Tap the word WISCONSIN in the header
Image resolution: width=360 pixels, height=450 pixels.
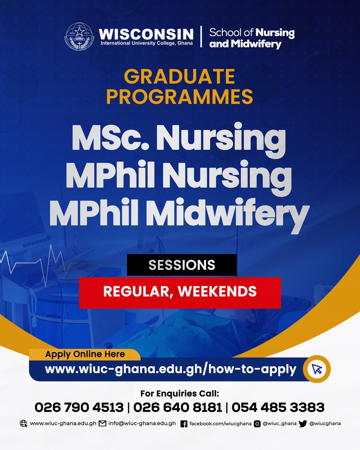coord(146,34)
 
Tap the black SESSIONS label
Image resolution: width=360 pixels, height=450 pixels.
coord(181,265)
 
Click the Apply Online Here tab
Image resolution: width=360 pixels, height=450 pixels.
coord(85,354)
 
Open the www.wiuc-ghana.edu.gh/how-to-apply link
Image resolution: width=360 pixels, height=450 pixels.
coord(171,369)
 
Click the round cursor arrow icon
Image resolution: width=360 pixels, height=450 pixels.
coord(317,369)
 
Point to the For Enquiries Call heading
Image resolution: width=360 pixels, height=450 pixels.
coord(179,394)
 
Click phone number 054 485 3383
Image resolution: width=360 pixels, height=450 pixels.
coord(277,407)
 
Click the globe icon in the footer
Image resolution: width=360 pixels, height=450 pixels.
coord(24,424)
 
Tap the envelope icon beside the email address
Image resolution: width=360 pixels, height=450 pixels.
coord(103,424)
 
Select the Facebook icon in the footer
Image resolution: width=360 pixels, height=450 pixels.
coord(184,424)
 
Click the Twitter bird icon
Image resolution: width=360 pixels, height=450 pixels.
coord(303,424)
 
